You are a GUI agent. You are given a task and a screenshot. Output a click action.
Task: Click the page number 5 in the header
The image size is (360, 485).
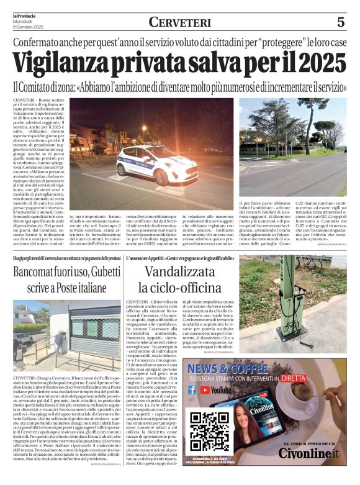341,22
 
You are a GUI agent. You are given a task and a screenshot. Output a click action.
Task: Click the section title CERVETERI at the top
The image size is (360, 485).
179,22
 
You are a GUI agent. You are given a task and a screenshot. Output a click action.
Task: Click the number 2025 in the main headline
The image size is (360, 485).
315,63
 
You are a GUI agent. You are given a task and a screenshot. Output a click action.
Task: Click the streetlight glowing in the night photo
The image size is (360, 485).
144,129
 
